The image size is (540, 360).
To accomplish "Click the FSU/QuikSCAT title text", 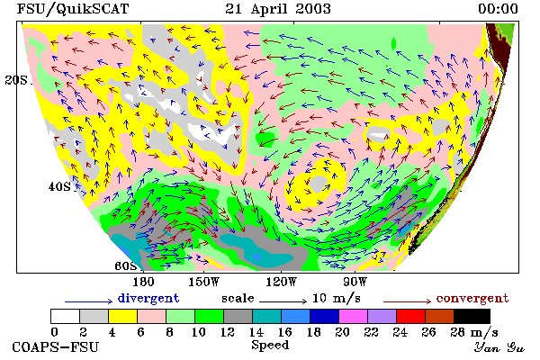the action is (x=73, y=9).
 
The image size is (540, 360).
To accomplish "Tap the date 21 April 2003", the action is (x=278, y=9).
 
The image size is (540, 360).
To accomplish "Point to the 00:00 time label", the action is (x=498, y=9).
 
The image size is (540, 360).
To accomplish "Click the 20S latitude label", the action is (x=16, y=80).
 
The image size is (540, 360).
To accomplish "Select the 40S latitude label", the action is (x=59, y=186).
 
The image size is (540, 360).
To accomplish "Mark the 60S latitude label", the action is (x=125, y=266).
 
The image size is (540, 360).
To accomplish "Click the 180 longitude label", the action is (x=143, y=282).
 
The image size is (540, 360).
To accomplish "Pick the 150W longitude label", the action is (x=204, y=282).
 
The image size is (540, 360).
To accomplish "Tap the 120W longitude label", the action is (x=281, y=282).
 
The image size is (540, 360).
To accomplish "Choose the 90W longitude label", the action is (x=355, y=282).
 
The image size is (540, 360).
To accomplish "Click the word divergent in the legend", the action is (x=148, y=298).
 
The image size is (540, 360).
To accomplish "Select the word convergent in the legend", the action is (x=472, y=298).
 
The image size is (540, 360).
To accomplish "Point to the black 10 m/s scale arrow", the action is (x=283, y=301).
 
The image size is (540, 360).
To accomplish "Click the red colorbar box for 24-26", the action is (x=410, y=316).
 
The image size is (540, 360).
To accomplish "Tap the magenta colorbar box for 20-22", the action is (x=353, y=316).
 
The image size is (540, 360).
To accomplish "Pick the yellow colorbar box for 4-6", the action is (x=122, y=316).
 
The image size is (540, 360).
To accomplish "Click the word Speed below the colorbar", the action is (x=270, y=346).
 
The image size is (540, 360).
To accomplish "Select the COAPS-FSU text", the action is (x=56, y=346).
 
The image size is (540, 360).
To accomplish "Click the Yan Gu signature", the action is (x=499, y=347).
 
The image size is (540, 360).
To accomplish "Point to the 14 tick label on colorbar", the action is (x=256, y=332).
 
